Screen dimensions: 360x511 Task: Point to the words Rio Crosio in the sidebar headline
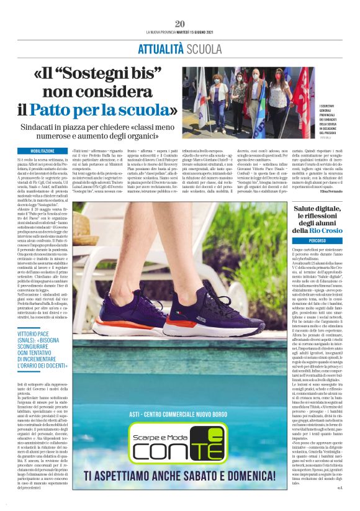326,230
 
